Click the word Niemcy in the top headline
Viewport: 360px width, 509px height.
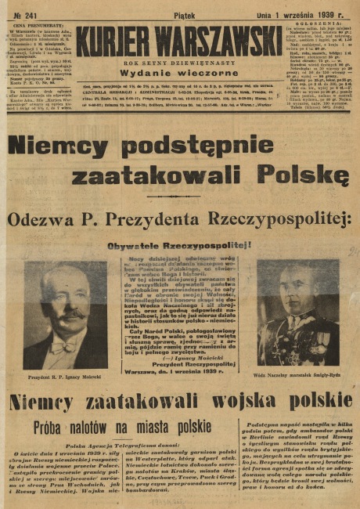tap(59, 146)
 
